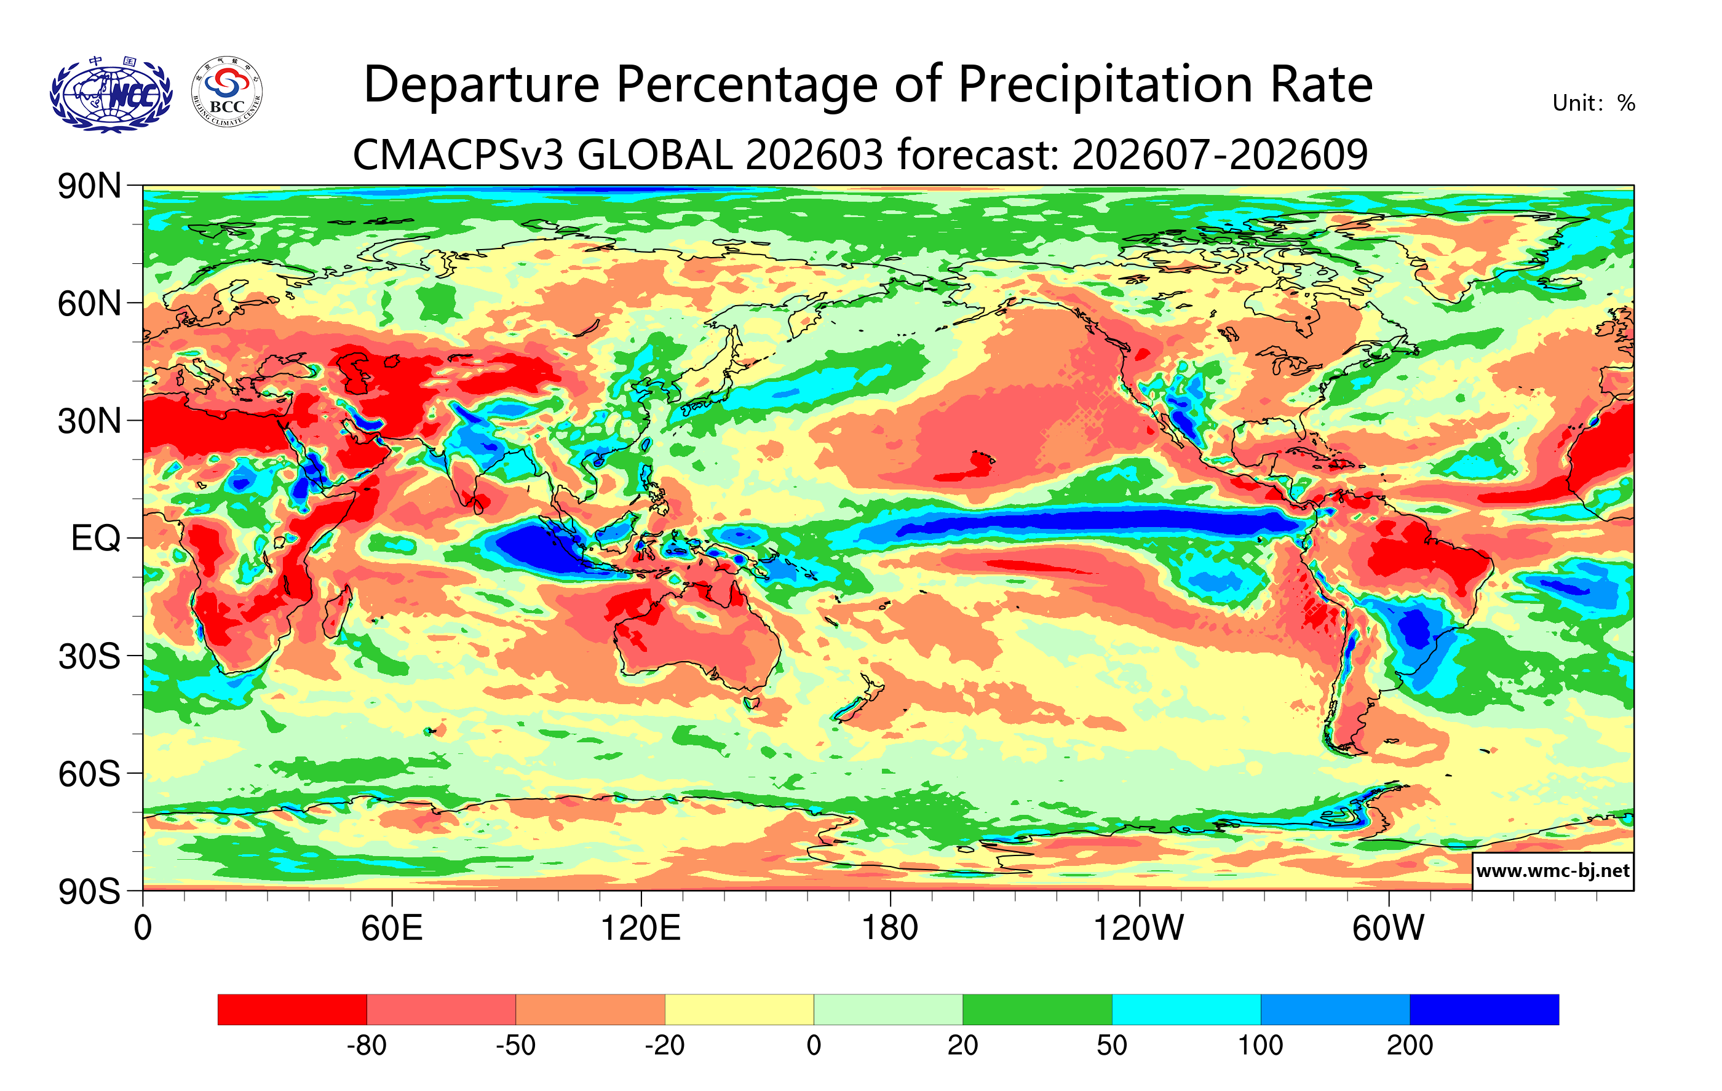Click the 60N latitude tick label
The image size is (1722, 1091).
(89, 304)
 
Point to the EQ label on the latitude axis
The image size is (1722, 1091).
(95, 538)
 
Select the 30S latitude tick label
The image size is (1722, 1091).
(89, 656)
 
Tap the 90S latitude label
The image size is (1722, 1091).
(89, 892)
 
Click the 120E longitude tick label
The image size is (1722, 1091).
(640, 929)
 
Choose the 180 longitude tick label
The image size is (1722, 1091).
(890, 929)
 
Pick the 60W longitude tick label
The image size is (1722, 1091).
(1388, 929)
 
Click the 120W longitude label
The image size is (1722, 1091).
(1138, 929)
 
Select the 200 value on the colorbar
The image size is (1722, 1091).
(1410, 1046)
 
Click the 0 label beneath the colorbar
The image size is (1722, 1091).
(814, 1046)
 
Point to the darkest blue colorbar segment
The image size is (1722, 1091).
(1484, 1009)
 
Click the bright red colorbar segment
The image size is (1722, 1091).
(292, 1009)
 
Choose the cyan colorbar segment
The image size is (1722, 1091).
(1186, 1009)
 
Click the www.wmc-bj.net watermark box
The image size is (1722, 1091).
(1552, 871)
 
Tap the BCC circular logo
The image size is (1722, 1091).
(227, 92)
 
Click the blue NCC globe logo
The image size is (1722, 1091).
(111, 93)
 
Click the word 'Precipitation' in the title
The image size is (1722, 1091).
(1105, 85)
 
